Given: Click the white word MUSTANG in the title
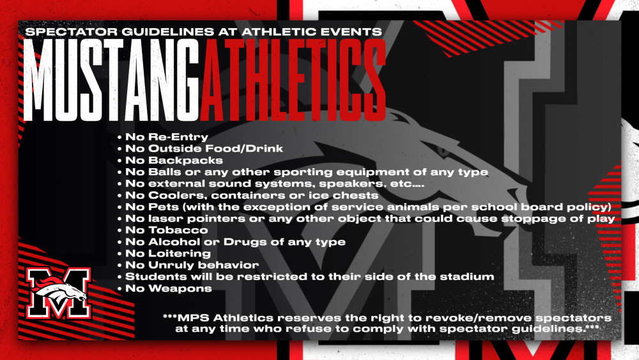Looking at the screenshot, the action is coord(111,81).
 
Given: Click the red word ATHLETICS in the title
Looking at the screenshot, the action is coord(293,81).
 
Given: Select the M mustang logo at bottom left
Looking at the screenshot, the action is coord(59,293).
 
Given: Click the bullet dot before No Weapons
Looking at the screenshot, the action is coord(120,289).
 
